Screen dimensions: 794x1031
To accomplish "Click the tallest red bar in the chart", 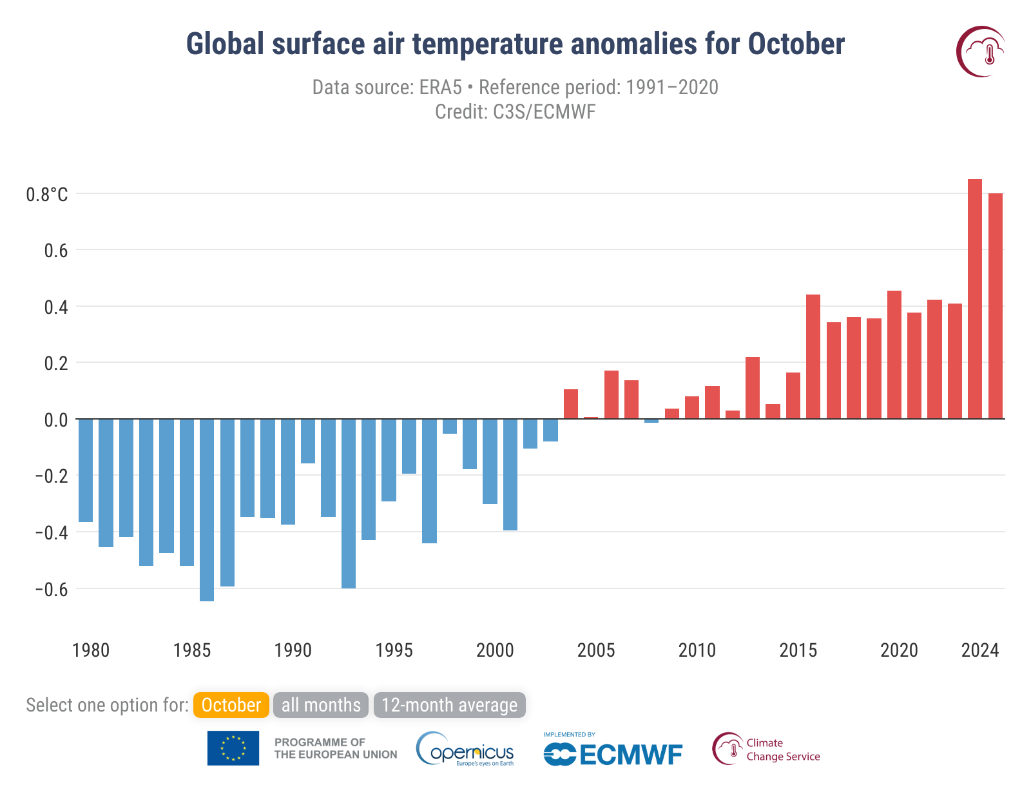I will click(x=975, y=299).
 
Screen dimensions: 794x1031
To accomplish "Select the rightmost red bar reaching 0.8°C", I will click(x=996, y=306).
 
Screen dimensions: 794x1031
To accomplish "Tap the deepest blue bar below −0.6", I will click(x=207, y=510).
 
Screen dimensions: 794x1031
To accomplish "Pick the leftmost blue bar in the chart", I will click(x=86, y=470).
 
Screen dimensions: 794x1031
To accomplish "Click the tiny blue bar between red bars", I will click(x=651, y=421).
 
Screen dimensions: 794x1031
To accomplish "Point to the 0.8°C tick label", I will click(x=47, y=194).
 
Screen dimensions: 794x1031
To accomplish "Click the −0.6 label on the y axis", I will click(x=52, y=589).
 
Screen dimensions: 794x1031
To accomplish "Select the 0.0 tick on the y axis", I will click(x=56, y=420).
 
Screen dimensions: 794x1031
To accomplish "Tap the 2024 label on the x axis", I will click(x=979, y=650).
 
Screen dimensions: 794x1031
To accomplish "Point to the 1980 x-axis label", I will click(x=91, y=650).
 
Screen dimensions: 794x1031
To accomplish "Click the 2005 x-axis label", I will click(x=596, y=650).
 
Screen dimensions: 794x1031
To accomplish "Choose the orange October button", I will click(x=231, y=705).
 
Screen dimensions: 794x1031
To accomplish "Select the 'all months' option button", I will click(x=321, y=705).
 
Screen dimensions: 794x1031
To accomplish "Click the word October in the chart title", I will click(x=796, y=44).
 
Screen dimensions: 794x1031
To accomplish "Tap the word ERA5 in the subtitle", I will click(x=440, y=87).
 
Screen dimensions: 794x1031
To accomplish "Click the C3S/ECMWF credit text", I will click(x=544, y=111).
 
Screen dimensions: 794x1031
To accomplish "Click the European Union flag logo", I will click(x=233, y=748).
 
